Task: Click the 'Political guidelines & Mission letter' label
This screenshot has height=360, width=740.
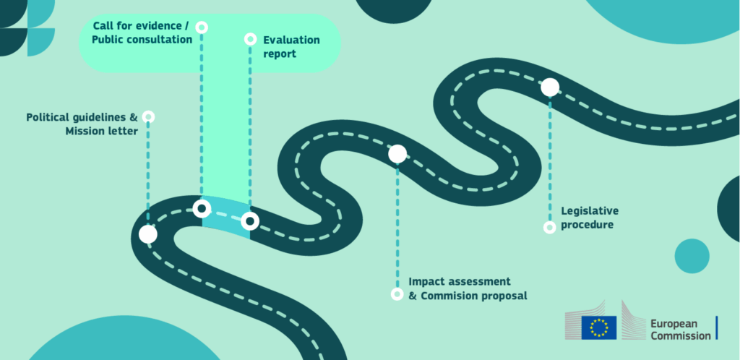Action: (x=82, y=124)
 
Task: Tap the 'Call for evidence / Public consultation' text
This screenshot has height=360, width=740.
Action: (x=142, y=33)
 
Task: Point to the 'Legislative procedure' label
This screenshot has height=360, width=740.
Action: (x=590, y=218)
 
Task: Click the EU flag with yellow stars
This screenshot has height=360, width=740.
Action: (x=599, y=327)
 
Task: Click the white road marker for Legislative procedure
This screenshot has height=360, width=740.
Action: (x=550, y=87)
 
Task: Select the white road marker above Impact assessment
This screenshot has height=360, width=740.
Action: (x=397, y=153)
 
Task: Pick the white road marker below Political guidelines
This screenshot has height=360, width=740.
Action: (x=148, y=234)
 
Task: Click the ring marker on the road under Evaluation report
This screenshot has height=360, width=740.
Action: (x=250, y=220)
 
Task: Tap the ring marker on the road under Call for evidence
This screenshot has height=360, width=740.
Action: (x=202, y=209)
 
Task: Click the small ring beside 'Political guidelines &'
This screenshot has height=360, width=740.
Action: (x=148, y=116)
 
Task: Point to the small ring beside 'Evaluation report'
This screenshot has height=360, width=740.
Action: (x=250, y=39)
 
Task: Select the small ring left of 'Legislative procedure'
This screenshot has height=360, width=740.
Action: (x=549, y=227)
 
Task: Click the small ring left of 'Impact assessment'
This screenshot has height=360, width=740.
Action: (x=397, y=293)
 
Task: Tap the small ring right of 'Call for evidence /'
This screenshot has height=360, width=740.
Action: (x=202, y=27)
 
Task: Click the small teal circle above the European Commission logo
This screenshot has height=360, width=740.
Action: (x=692, y=256)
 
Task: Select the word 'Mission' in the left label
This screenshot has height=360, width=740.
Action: (x=87, y=131)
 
